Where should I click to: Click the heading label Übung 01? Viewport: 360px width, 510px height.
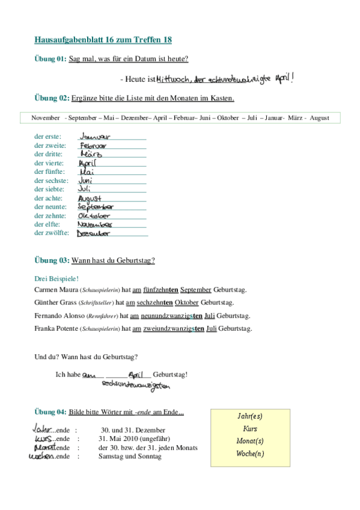(x=50, y=59)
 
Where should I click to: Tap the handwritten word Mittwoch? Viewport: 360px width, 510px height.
(x=174, y=79)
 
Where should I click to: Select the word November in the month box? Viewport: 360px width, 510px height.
(x=46, y=118)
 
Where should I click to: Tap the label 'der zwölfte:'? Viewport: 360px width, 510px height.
(x=52, y=233)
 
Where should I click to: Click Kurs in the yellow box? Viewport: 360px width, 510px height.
(x=250, y=429)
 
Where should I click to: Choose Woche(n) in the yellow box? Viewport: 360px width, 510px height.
(x=250, y=453)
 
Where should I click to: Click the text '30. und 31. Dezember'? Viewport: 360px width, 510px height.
(x=133, y=431)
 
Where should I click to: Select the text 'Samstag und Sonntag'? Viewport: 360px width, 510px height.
(x=130, y=456)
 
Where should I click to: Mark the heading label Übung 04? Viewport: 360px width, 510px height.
(x=50, y=412)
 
